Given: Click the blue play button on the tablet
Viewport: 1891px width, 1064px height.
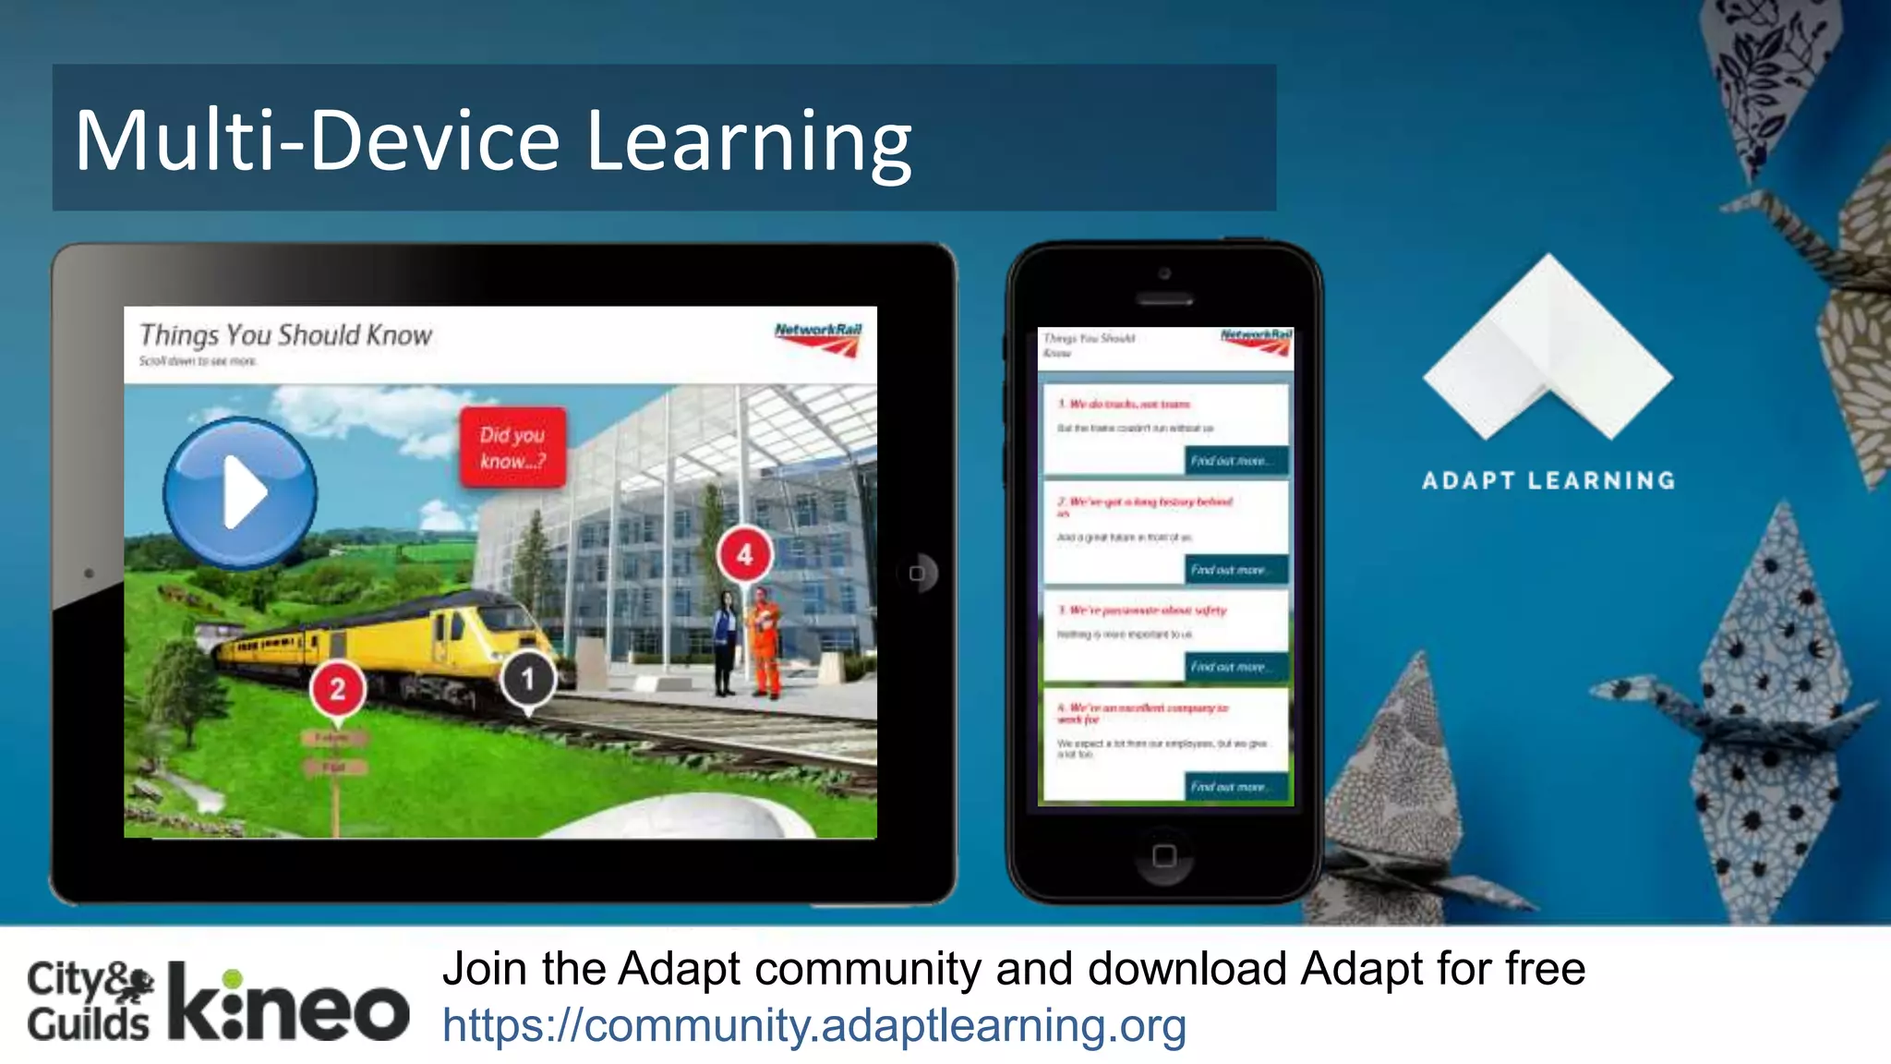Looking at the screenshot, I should [240, 492].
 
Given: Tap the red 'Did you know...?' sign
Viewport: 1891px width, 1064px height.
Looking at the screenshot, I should [512, 447].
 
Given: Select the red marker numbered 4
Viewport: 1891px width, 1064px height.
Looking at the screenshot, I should [744, 554].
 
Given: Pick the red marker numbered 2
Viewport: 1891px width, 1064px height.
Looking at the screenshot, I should [337, 689].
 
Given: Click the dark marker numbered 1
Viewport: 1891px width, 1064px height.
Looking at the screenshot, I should [528, 679].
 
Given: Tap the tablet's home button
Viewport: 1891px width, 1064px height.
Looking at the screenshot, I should [916, 574].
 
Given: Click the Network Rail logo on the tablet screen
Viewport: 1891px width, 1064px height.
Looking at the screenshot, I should [818, 339].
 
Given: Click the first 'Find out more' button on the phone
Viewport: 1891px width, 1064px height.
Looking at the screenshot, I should [1235, 460].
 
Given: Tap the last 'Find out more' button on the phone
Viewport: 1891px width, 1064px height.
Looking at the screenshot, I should [1235, 786].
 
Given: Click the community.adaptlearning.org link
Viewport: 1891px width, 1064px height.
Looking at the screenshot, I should [813, 1025].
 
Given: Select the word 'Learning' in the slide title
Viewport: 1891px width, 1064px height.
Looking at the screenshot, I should [749, 141].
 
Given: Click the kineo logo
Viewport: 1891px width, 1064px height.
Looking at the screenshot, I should [288, 1004].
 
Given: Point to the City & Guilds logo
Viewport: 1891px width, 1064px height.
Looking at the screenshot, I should [90, 1002].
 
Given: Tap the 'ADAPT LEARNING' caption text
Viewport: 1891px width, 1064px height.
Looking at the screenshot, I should [1548, 480].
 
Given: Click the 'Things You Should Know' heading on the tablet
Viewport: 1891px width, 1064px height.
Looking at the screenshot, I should [285, 335].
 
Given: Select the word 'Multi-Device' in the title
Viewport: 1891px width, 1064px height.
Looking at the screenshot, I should [317, 141].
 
